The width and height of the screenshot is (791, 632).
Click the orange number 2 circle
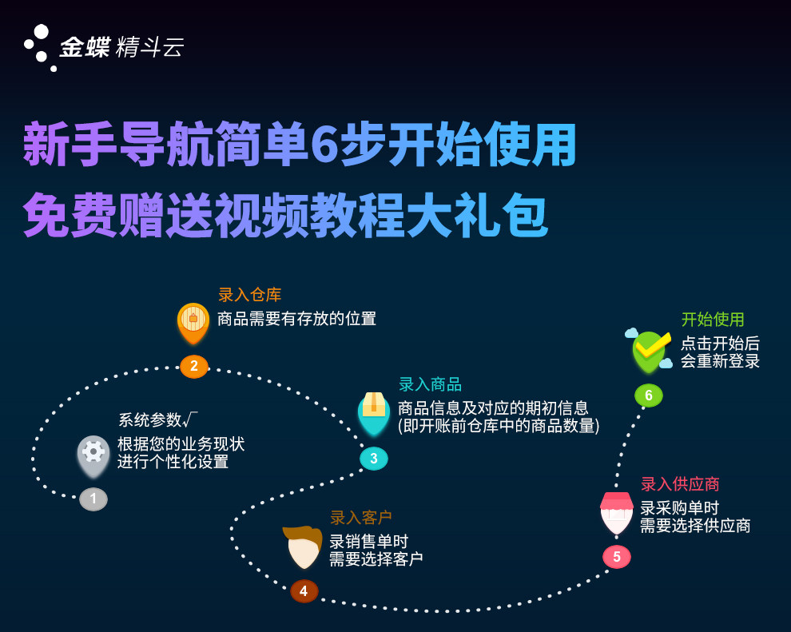[x=194, y=366]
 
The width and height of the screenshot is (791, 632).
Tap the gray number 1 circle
[x=93, y=499]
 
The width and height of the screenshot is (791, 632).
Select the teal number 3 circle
[x=374, y=459]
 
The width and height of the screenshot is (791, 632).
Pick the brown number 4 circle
[x=304, y=591]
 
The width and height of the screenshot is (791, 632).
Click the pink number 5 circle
[x=617, y=557]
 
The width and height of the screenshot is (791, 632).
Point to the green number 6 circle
[x=649, y=395]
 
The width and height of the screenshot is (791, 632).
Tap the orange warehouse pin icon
[x=193, y=324]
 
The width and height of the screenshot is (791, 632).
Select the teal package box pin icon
[x=374, y=414]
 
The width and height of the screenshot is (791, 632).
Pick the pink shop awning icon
[x=617, y=513]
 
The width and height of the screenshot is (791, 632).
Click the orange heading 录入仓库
[x=250, y=295]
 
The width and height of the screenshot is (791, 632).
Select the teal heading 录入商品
[x=431, y=385]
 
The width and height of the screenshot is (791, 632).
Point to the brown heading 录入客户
[x=361, y=518]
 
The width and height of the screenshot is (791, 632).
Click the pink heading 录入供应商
[x=680, y=484]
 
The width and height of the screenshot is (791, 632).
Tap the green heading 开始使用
[x=713, y=320]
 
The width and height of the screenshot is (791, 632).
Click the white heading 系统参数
[x=150, y=419]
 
